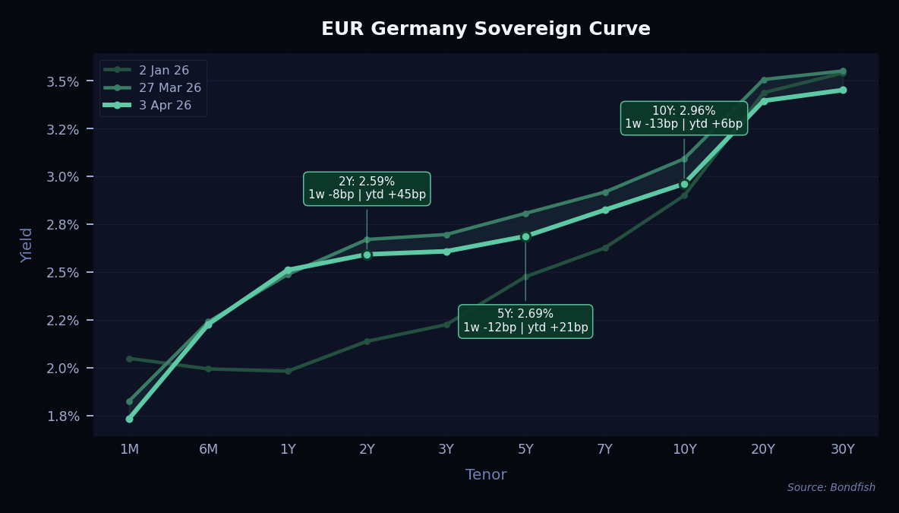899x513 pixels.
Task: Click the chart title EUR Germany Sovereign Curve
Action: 485,29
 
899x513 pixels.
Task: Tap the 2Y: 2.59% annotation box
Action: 367,188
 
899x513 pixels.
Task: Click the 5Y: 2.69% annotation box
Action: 525,321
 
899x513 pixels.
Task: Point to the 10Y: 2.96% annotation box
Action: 683,118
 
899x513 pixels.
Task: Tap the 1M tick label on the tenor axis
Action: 129,449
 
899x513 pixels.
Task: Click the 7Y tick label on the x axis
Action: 604,449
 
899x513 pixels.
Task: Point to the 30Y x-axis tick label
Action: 843,449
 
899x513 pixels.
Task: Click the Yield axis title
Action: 27,245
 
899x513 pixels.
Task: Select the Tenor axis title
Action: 485,475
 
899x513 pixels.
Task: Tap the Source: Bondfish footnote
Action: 831,488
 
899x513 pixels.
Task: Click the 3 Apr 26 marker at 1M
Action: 129,419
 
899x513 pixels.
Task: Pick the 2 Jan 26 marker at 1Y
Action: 288,371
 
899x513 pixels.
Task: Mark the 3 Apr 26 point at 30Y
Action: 843,90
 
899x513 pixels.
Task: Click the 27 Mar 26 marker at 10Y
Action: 684,159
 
